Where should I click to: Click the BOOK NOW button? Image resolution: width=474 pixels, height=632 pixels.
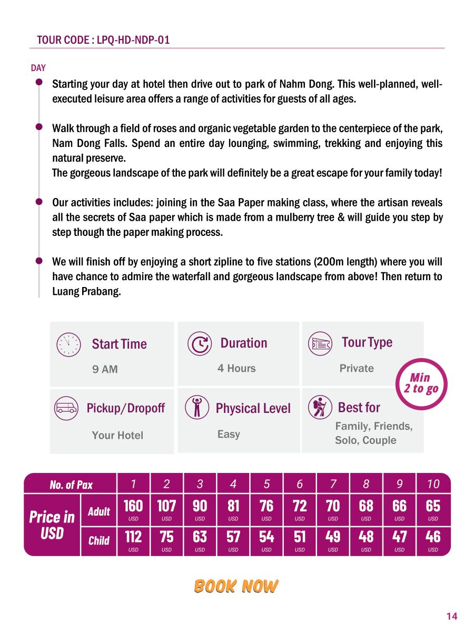pyautogui.click(x=236, y=586)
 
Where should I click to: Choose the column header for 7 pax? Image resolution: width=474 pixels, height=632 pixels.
pyautogui.click(x=333, y=484)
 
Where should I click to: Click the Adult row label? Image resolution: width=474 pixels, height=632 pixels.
pyautogui.click(x=98, y=511)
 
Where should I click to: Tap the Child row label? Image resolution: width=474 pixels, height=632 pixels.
pyautogui.click(x=98, y=540)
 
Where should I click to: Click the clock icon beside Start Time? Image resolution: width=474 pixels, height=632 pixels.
pyautogui.click(x=68, y=344)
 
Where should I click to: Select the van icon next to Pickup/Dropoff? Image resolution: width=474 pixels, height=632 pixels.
pyautogui.click(x=66, y=408)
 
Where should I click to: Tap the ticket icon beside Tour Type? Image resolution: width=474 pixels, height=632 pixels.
pyautogui.click(x=320, y=343)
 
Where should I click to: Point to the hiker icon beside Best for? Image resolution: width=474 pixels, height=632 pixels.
pyautogui.click(x=320, y=407)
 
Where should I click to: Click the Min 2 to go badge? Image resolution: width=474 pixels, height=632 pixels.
pyautogui.click(x=421, y=383)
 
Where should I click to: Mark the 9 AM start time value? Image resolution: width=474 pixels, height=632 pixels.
pyautogui.click(x=105, y=370)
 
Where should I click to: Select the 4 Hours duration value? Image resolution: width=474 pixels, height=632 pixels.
pyautogui.click(x=236, y=369)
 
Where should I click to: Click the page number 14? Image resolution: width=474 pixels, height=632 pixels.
pyautogui.click(x=451, y=616)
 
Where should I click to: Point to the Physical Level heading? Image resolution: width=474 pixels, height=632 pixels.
pyautogui.click(x=253, y=409)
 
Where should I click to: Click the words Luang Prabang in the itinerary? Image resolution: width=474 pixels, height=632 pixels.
pyautogui.click(x=86, y=291)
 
